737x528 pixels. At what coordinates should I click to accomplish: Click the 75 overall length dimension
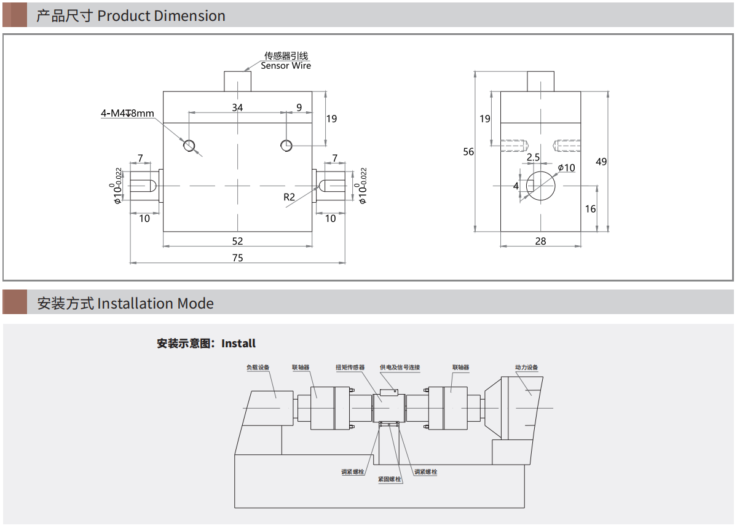pos(237,258)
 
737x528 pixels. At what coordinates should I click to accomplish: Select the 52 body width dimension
pos(237,240)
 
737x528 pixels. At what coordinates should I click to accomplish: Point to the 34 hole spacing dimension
pos(237,108)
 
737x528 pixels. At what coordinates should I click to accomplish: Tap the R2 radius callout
pos(290,197)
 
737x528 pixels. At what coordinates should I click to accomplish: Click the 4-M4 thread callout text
pos(127,113)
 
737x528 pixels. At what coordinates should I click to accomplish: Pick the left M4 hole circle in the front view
pos(189,146)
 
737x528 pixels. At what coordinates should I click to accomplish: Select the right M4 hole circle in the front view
pos(286,145)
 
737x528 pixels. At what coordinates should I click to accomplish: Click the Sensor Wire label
pos(286,66)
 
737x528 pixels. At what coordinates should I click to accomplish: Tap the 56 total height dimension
pos(468,151)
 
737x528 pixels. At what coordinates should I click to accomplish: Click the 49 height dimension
pos(601,162)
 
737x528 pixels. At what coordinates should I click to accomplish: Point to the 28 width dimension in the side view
pos(540,241)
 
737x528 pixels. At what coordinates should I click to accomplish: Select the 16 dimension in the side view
pos(590,209)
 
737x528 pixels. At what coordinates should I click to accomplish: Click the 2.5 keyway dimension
pos(533,157)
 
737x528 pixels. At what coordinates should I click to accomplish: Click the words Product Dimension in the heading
pos(161,16)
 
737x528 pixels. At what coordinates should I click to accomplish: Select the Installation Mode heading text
pos(155,303)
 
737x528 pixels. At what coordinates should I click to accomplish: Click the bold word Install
pos(238,344)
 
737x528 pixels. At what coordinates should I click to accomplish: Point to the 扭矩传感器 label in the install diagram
pos(350,368)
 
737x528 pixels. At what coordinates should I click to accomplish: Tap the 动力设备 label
pos(526,368)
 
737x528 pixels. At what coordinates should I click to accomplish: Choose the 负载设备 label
pos(258,368)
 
